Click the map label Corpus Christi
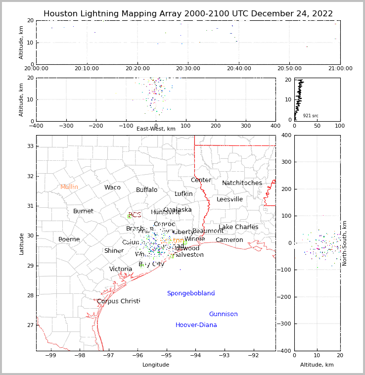tap(119, 301)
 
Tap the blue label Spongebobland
tap(191, 293)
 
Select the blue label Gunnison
tap(223, 314)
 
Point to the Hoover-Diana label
tap(196, 325)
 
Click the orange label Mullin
tap(69, 187)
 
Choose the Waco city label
tap(112, 187)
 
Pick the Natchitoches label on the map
tap(242, 183)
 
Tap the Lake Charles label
tap(238, 227)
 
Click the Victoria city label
tap(121, 269)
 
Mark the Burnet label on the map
tap(83, 211)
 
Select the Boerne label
tap(69, 239)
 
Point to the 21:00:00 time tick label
tap(340, 68)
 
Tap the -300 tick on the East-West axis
tap(66, 126)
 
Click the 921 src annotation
tap(311, 116)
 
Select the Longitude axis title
tap(156, 365)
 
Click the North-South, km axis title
tap(345, 243)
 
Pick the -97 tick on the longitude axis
tap(109, 355)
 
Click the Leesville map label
tap(230, 199)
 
